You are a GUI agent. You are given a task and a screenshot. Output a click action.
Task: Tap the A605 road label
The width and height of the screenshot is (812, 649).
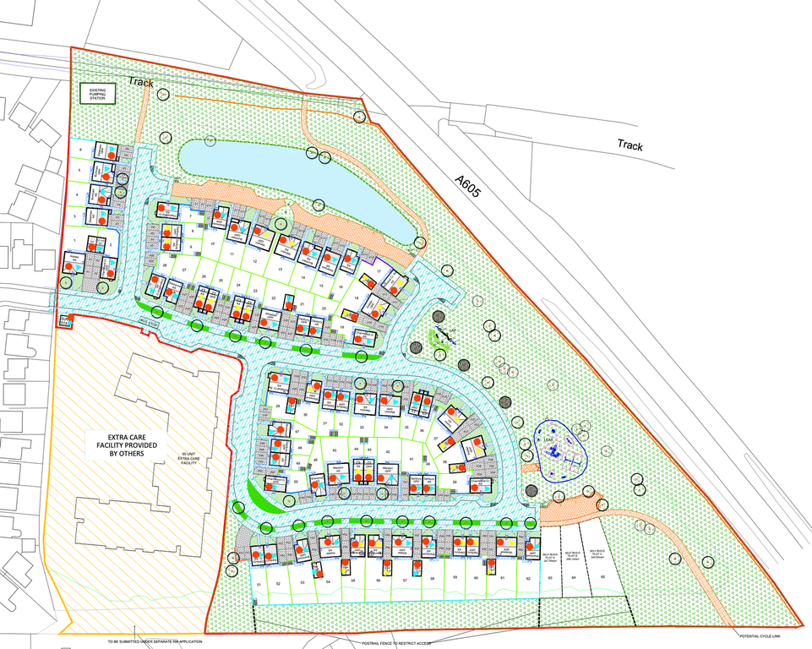pos(466,186)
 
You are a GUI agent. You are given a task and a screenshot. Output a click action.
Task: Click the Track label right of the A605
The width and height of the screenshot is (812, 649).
pos(629,145)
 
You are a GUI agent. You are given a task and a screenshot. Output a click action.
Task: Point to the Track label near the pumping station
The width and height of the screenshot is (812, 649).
pos(142,81)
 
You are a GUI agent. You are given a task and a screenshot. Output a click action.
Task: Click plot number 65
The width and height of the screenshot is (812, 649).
pos(603,576)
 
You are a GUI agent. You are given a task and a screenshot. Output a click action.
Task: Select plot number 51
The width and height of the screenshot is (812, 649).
pos(260,584)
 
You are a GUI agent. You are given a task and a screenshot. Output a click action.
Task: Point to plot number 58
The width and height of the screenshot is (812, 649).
pos(432,579)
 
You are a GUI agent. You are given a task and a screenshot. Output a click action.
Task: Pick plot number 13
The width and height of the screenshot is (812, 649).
pos(279,270)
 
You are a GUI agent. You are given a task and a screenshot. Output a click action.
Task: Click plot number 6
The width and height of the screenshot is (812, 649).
pos(80,150)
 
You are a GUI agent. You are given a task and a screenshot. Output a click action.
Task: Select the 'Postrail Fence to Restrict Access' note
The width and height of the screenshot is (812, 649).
pos(397,643)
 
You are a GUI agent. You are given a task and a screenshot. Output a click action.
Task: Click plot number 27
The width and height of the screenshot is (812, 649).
pos(183,270)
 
